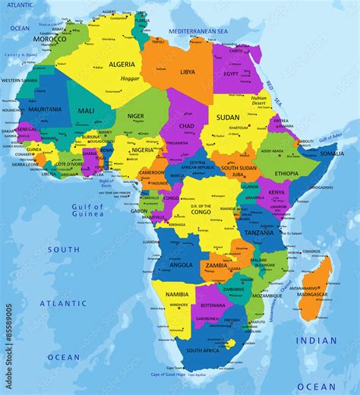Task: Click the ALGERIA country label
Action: point(122,65)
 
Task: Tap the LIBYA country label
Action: point(187,72)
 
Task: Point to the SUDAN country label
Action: point(229,118)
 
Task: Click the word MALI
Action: point(86,111)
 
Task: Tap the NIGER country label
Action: point(135,116)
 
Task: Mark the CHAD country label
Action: point(186,126)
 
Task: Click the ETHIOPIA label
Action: point(286,174)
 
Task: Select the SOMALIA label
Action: point(332,153)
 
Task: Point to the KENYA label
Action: point(276,193)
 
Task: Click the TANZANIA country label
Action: point(259,233)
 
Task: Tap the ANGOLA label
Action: point(181,265)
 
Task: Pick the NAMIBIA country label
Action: point(176,294)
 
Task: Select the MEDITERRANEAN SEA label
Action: point(199,31)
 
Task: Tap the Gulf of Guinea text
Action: point(87,210)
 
